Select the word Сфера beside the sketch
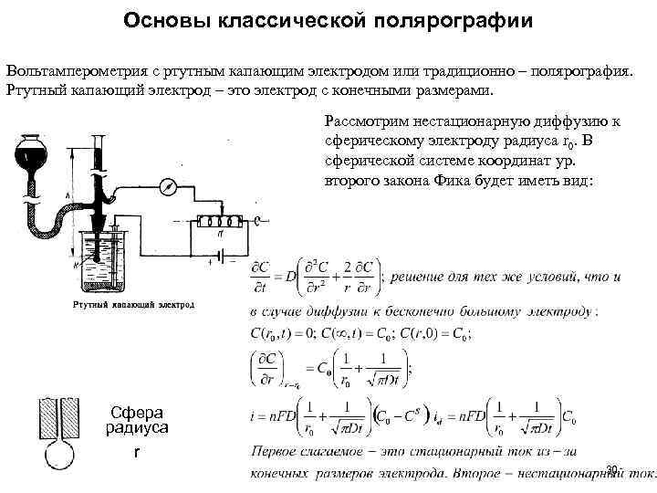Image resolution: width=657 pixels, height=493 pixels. [x=134, y=412]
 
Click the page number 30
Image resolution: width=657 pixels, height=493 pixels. [x=611, y=469]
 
